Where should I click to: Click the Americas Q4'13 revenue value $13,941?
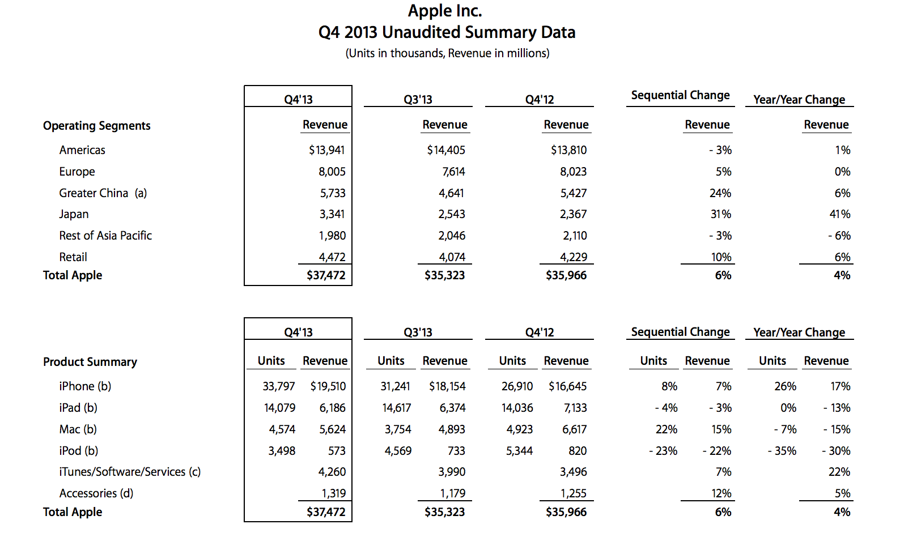point(326,150)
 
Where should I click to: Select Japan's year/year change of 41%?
point(840,214)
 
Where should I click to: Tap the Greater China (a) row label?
point(103,193)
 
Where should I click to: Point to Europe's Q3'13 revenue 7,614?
point(453,172)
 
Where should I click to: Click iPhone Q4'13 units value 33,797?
point(279,386)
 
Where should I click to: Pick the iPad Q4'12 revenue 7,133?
point(575,408)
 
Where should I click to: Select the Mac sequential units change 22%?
point(666,429)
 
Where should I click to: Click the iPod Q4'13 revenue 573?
point(337,451)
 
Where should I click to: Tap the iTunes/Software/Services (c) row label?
point(130,472)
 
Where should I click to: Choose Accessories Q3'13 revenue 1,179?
point(453,493)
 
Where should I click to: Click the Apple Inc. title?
point(445,11)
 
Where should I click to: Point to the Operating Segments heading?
point(97,126)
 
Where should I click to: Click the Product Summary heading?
point(90,362)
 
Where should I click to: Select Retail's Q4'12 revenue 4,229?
point(574,257)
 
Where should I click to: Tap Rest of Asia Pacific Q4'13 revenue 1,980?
point(332,236)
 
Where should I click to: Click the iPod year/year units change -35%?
point(782,451)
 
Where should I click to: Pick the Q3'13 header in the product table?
point(418,333)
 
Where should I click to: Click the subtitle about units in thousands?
point(447,53)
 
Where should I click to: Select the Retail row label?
point(73,257)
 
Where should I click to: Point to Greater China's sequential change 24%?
point(720,193)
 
